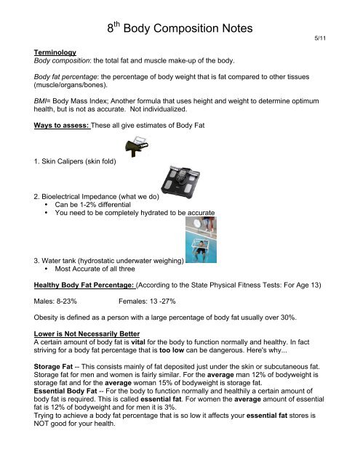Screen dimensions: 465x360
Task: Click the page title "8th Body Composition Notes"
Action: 180,30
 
